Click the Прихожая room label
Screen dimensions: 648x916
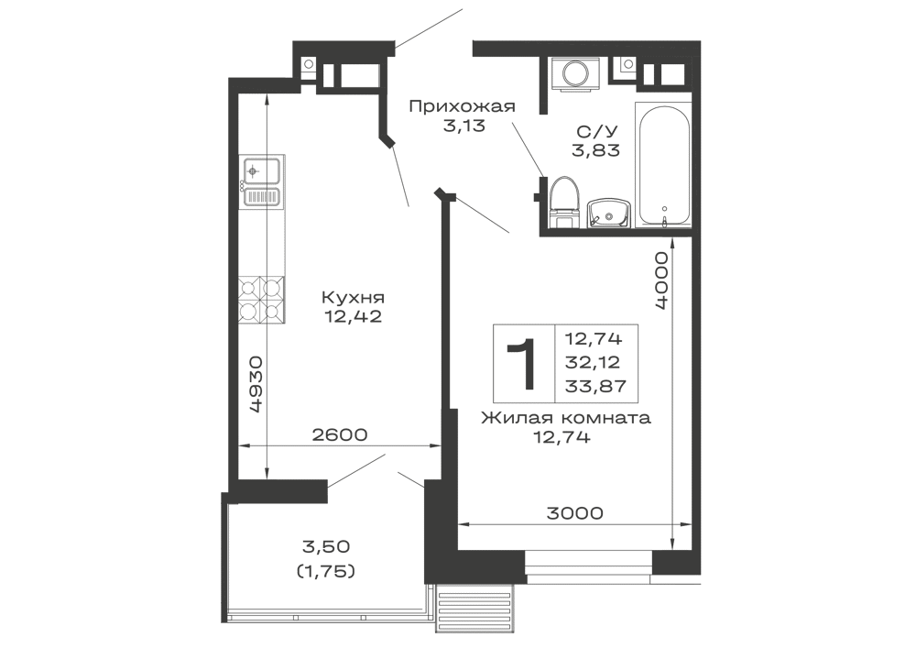coord(462,108)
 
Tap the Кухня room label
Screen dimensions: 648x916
coord(353,298)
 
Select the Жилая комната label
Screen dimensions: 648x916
coord(565,420)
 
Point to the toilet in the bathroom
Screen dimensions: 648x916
coord(562,199)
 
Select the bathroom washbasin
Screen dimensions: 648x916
coord(607,211)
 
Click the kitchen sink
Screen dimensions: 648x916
coord(261,170)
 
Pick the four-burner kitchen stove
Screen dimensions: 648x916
coord(260,302)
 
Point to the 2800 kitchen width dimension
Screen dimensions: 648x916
coord(339,436)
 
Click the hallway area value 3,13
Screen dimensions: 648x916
coord(462,126)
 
